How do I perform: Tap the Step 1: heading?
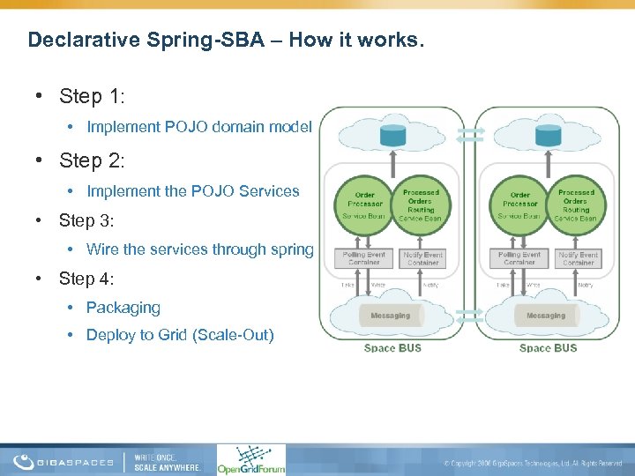(x=92, y=95)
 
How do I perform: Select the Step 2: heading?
(x=92, y=160)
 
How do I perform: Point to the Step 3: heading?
(x=86, y=220)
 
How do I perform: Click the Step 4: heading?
(x=86, y=279)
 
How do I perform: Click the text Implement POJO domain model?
(x=198, y=127)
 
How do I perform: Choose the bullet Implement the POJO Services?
(x=192, y=191)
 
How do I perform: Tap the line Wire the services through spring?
(x=199, y=249)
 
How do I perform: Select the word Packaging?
(x=123, y=308)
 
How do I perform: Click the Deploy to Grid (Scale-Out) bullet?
(x=180, y=335)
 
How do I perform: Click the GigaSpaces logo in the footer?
(x=63, y=461)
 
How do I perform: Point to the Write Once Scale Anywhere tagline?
(x=167, y=461)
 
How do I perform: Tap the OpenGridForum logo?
(x=250, y=459)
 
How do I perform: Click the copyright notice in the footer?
(x=533, y=463)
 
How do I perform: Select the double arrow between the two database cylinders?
(x=470, y=134)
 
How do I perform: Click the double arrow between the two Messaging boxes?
(x=470, y=315)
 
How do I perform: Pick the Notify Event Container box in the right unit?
(x=578, y=257)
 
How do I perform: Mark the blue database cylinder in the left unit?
(x=392, y=135)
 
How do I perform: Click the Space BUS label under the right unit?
(x=548, y=348)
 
